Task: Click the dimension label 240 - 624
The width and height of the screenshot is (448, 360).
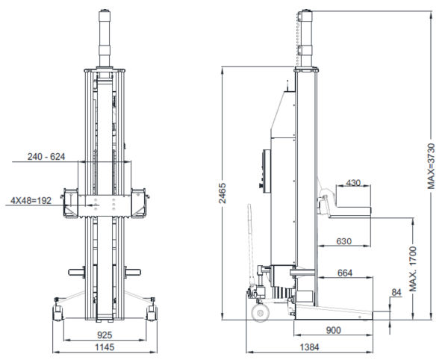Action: (x=46, y=157)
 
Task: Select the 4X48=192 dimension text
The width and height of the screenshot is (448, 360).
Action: (x=31, y=201)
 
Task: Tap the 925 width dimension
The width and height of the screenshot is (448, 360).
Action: (x=105, y=335)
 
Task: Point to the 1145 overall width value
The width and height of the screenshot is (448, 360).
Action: (x=105, y=347)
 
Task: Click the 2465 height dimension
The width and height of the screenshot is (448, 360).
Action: (x=223, y=193)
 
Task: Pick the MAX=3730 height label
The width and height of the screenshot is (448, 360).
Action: (x=431, y=166)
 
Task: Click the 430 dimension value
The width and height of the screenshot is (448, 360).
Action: (x=353, y=183)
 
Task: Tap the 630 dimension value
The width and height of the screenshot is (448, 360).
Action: (x=343, y=241)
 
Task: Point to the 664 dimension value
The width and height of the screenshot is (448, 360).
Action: (x=345, y=273)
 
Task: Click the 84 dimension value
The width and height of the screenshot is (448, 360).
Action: (x=396, y=292)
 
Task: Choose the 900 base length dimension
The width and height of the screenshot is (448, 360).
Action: (x=334, y=330)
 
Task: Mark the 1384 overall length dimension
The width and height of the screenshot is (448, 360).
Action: (x=309, y=347)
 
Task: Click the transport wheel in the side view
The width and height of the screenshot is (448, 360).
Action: (x=261, y=313)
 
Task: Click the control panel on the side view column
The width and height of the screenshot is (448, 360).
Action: (x=265, y=172)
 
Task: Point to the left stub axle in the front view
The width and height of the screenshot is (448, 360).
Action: (x=77, y=271)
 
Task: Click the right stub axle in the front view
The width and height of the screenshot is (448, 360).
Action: (x=132, y=271)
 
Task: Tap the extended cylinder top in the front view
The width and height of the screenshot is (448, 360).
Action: (x=105, y=39)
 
